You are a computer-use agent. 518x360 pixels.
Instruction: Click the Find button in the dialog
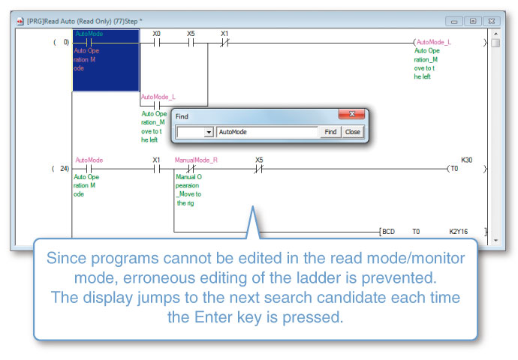click(x=330, y=132)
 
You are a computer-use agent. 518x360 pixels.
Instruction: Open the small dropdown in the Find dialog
click(x=209, y=132)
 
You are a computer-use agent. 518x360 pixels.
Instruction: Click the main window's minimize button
click(x=453, y=21)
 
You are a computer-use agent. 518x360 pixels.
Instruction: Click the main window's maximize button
click(x=471, y=21)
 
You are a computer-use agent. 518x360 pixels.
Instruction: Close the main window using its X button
click(x=490, y=21)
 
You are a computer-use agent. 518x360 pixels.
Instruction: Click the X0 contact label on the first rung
click(x=156, y=34)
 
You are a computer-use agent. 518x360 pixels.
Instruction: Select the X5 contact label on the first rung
click(x=191, y=34)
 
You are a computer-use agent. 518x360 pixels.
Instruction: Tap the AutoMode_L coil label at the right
click(x=434, y=43)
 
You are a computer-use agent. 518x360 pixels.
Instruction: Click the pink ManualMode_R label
click(x=196, y=160)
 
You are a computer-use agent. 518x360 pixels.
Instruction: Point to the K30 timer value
click(x=468, y=160)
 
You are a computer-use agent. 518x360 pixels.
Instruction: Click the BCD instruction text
click(x=388, y=232)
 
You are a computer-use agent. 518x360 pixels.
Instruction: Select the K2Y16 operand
click(x=458, y=232)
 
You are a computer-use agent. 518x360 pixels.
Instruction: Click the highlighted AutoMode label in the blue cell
click(x=89, y=34)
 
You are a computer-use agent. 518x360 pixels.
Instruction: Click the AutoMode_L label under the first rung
click(x=158, y=97)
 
